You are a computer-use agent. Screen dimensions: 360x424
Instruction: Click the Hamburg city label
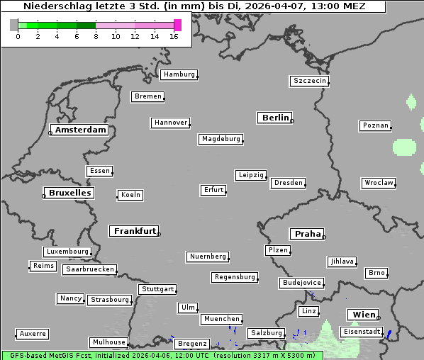(x=179, y=74)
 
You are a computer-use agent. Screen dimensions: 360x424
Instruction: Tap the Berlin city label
(x=275, y=118)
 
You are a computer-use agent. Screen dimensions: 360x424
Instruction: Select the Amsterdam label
(x=80, y=130)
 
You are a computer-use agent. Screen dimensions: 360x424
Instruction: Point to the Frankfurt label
(x=135, y=231)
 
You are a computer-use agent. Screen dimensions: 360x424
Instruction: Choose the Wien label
(x=362, y=315)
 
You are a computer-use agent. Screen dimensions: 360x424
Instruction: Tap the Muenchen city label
(x=222, y=320)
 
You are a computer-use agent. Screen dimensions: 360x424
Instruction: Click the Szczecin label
(x=310, y=81)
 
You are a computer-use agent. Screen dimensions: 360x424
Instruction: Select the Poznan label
(x=375, y=125)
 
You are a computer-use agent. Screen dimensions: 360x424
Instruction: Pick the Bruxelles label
(x=69, y=193)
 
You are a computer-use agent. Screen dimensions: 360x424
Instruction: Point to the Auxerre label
(x=33, y=333)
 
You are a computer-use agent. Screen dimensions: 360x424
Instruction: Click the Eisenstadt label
(x=362, y=332)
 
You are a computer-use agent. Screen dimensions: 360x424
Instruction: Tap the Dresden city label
(x=289, y=183)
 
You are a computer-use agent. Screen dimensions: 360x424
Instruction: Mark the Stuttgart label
(x=157, y=289)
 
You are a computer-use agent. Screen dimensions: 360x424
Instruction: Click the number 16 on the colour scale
(x=174, y=36)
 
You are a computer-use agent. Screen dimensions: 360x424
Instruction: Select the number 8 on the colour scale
(x=96, y=36)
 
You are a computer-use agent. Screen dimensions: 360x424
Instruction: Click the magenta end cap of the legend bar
(x=177, y=25)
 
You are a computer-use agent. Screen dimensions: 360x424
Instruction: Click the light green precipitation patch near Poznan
(x=404, y=148)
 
